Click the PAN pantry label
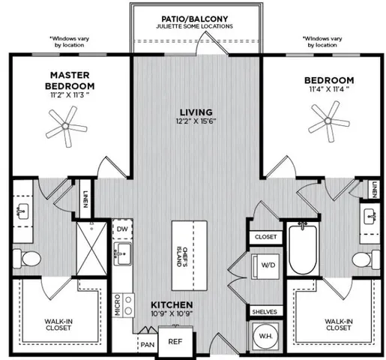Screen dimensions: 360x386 click(147, 345)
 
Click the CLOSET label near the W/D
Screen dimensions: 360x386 click(265, 237)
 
